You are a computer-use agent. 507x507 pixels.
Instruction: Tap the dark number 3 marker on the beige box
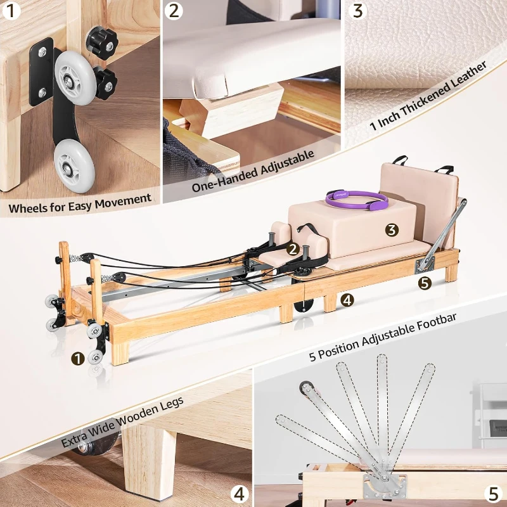coord(392,230)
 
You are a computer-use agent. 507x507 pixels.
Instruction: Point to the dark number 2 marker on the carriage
coord(293,249)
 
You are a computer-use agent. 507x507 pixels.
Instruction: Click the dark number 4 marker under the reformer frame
coord(347,300)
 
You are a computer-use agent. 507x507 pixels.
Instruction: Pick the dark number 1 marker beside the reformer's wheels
coord(78,359)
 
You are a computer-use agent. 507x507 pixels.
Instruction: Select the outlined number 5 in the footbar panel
coord(494,492)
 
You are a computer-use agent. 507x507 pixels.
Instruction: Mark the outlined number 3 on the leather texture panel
coord(359,11)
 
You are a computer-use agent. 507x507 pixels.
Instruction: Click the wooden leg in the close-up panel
coord(149,463)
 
